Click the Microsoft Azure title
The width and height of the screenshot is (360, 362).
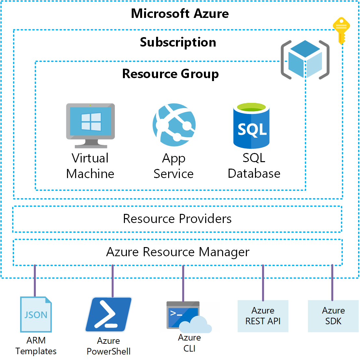180,14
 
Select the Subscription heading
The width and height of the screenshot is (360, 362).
178,42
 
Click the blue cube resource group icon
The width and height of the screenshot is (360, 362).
305,60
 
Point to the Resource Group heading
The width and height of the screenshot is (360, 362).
170,74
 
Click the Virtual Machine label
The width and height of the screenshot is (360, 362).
90,166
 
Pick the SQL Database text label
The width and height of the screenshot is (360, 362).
254,166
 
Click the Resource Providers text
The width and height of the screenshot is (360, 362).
177,219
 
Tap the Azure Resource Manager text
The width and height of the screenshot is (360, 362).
178,252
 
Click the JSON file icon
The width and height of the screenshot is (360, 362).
36,314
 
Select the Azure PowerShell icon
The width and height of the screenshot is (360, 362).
109,314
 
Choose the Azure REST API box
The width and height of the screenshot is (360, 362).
263,316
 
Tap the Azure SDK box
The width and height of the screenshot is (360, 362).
333,316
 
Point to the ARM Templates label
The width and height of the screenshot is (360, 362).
36,346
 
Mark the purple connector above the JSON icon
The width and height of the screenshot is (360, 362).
35,281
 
